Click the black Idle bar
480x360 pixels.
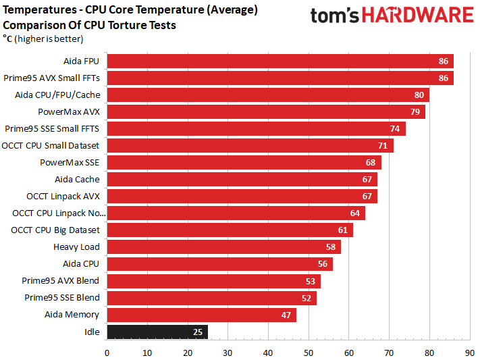pos(157,332)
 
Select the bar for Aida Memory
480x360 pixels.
pos(201,315)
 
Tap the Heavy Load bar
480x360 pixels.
pos(223,247)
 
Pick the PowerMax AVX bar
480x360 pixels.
pos(266,111)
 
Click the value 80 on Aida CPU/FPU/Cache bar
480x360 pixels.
pos(419,95)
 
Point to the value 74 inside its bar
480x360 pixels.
pos(395,129)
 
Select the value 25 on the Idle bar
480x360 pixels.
pos(198,332)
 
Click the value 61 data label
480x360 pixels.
pos(343,230)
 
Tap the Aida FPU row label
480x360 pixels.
pos(81,61)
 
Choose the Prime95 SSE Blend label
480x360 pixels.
pos(62,297)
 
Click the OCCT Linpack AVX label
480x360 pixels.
pos(63,196)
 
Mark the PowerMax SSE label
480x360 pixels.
pos(70,162)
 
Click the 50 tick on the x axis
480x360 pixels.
pos(309,353)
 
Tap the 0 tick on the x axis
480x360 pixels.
pos(107,353)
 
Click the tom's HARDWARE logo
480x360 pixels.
pos(392,16)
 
